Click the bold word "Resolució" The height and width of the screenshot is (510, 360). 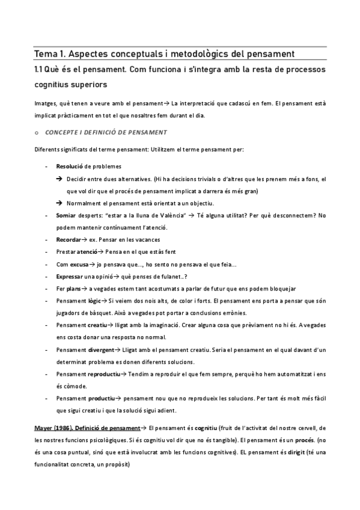[69, 165]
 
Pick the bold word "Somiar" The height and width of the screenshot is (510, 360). [66, 215]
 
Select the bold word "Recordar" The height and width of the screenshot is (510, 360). [68, 239]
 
